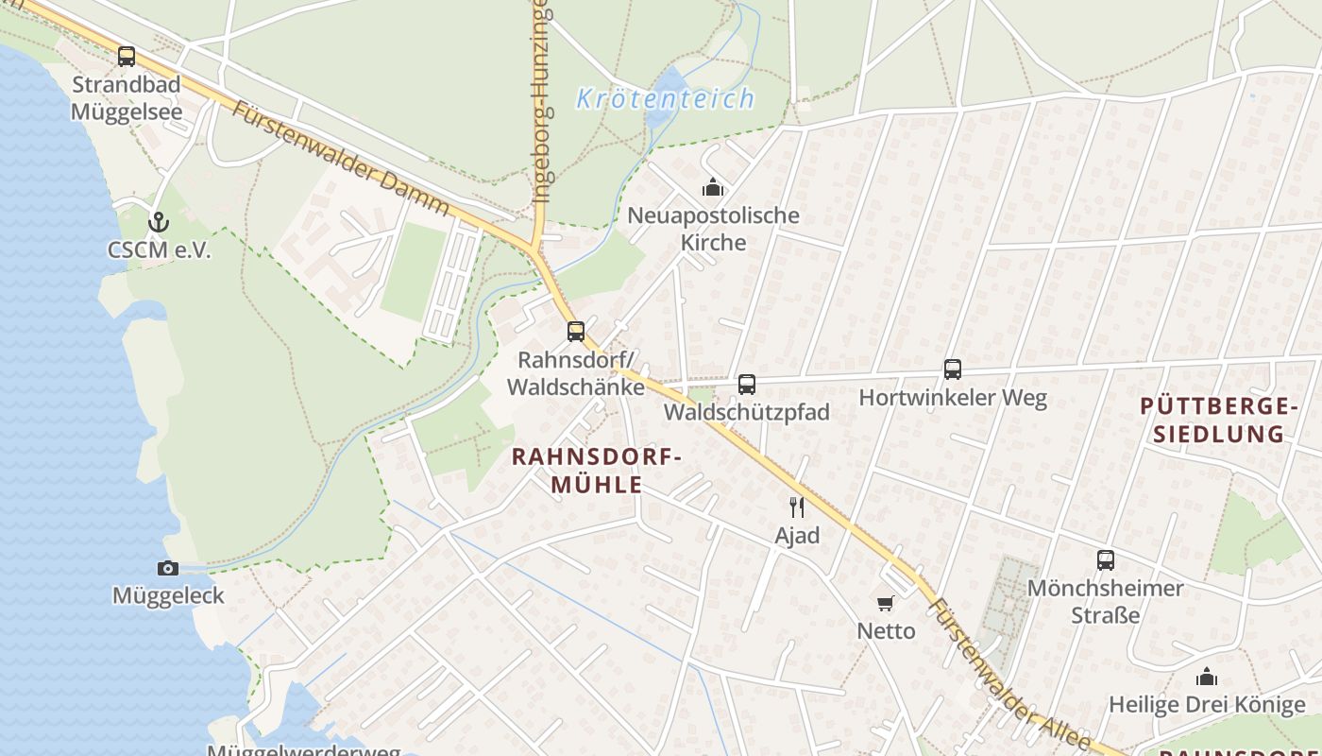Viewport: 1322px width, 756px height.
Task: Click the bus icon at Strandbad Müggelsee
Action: click(x=127, y=57)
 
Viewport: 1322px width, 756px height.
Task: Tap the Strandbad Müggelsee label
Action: click(x=127, y=98)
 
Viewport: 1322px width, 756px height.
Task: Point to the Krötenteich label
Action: click(x=666, y=98)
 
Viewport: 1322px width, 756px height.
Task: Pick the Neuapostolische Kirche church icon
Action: click(x=713, y=188)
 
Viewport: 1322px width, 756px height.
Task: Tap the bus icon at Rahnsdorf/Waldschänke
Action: click(x=576, y=332)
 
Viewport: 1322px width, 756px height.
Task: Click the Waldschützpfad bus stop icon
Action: click(x=747, y=385)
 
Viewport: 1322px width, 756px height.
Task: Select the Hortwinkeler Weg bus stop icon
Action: click(x=953, y=369)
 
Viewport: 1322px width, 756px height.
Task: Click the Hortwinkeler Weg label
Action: click(x=953, y=398)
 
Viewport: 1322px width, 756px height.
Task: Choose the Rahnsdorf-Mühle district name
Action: click(x=595, y=471)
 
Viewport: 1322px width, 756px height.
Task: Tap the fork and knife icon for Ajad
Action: click(x=797, y=507)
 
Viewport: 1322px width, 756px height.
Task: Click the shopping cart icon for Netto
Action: click(x=886, y=603)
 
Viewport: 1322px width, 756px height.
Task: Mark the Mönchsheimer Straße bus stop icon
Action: click(x=1106, y=560)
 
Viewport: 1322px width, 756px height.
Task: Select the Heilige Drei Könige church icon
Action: click(x=1207, y=678)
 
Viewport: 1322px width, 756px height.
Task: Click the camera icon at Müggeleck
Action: click(x=168, y=568)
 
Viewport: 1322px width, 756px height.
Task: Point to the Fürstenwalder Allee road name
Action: click(x=1009, y=673)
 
